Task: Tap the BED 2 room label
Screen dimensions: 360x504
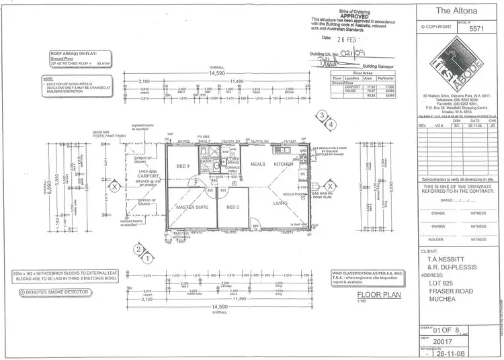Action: point(233,207)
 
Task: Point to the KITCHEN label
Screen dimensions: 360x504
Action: point(283,164)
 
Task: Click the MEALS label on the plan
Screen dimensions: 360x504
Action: point(257,164)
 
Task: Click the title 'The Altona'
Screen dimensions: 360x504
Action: point(452,10)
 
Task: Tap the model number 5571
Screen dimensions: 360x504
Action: point(476,29)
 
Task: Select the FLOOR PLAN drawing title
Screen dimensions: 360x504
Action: point(374,294)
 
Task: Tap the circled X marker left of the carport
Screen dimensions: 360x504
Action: point(115,185)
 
